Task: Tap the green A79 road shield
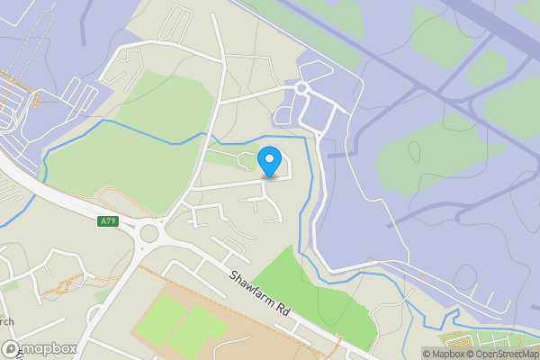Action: [108, 220]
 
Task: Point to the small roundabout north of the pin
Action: [302, 88]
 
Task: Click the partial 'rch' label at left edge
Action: [6, 321]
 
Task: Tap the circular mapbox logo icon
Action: [12, 348]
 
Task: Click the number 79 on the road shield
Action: [111, 220]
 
